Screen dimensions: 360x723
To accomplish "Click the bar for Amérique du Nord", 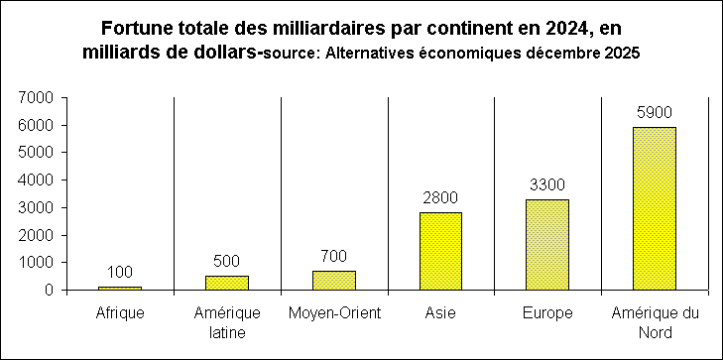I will pos(655,208).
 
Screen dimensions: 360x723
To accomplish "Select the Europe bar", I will pos(547,245).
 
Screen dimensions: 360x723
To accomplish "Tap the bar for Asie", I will pos(440,251).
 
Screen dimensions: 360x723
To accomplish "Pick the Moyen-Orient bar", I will pos(333,281).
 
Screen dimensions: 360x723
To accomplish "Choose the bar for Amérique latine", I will pos(226,283).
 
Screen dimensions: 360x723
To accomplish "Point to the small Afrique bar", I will pos(120,289).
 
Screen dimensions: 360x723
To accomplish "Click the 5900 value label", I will pos(655,113).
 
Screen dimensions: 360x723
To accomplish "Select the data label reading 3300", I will pos(547,184).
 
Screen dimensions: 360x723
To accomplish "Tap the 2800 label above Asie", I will pos(440,198).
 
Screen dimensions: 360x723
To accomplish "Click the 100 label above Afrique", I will pos(120,273).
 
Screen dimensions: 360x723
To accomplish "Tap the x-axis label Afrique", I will pos(120,314).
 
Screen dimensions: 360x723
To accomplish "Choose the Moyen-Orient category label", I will pos(333,314).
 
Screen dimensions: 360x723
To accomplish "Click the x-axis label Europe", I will pos(547,314).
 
